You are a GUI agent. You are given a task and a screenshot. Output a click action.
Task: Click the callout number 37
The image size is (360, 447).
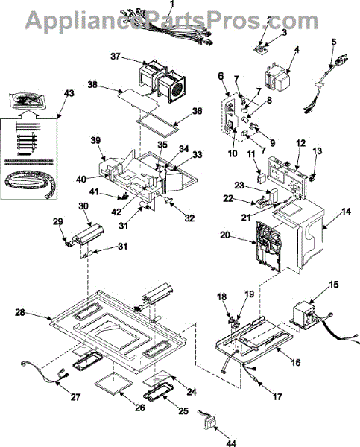116,57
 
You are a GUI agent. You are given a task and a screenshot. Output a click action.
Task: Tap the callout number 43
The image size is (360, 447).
69,93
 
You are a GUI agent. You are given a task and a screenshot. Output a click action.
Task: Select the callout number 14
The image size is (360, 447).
347,212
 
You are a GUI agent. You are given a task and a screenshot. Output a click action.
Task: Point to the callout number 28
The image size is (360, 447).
20,312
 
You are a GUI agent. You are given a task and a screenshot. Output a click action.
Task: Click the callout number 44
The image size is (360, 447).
231,443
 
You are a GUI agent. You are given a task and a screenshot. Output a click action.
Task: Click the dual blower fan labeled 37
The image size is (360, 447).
162,81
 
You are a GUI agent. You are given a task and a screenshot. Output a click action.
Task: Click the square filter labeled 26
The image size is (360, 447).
113,384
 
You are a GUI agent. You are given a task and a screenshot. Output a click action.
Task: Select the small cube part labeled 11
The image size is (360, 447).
261,179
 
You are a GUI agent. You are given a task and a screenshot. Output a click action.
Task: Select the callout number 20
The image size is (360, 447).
225,235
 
